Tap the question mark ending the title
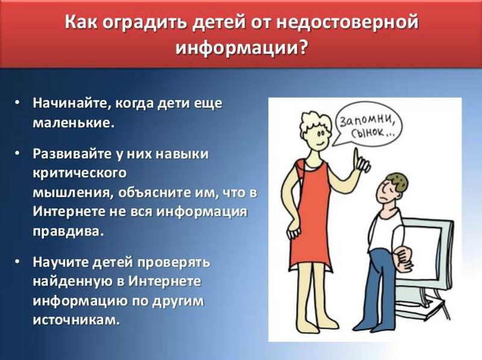click(302, 48)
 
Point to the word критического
click(80, 173)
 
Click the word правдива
click(67, 232)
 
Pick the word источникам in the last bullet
click(76, 320)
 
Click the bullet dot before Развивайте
click(17, 153)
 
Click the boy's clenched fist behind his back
click(402, 256)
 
